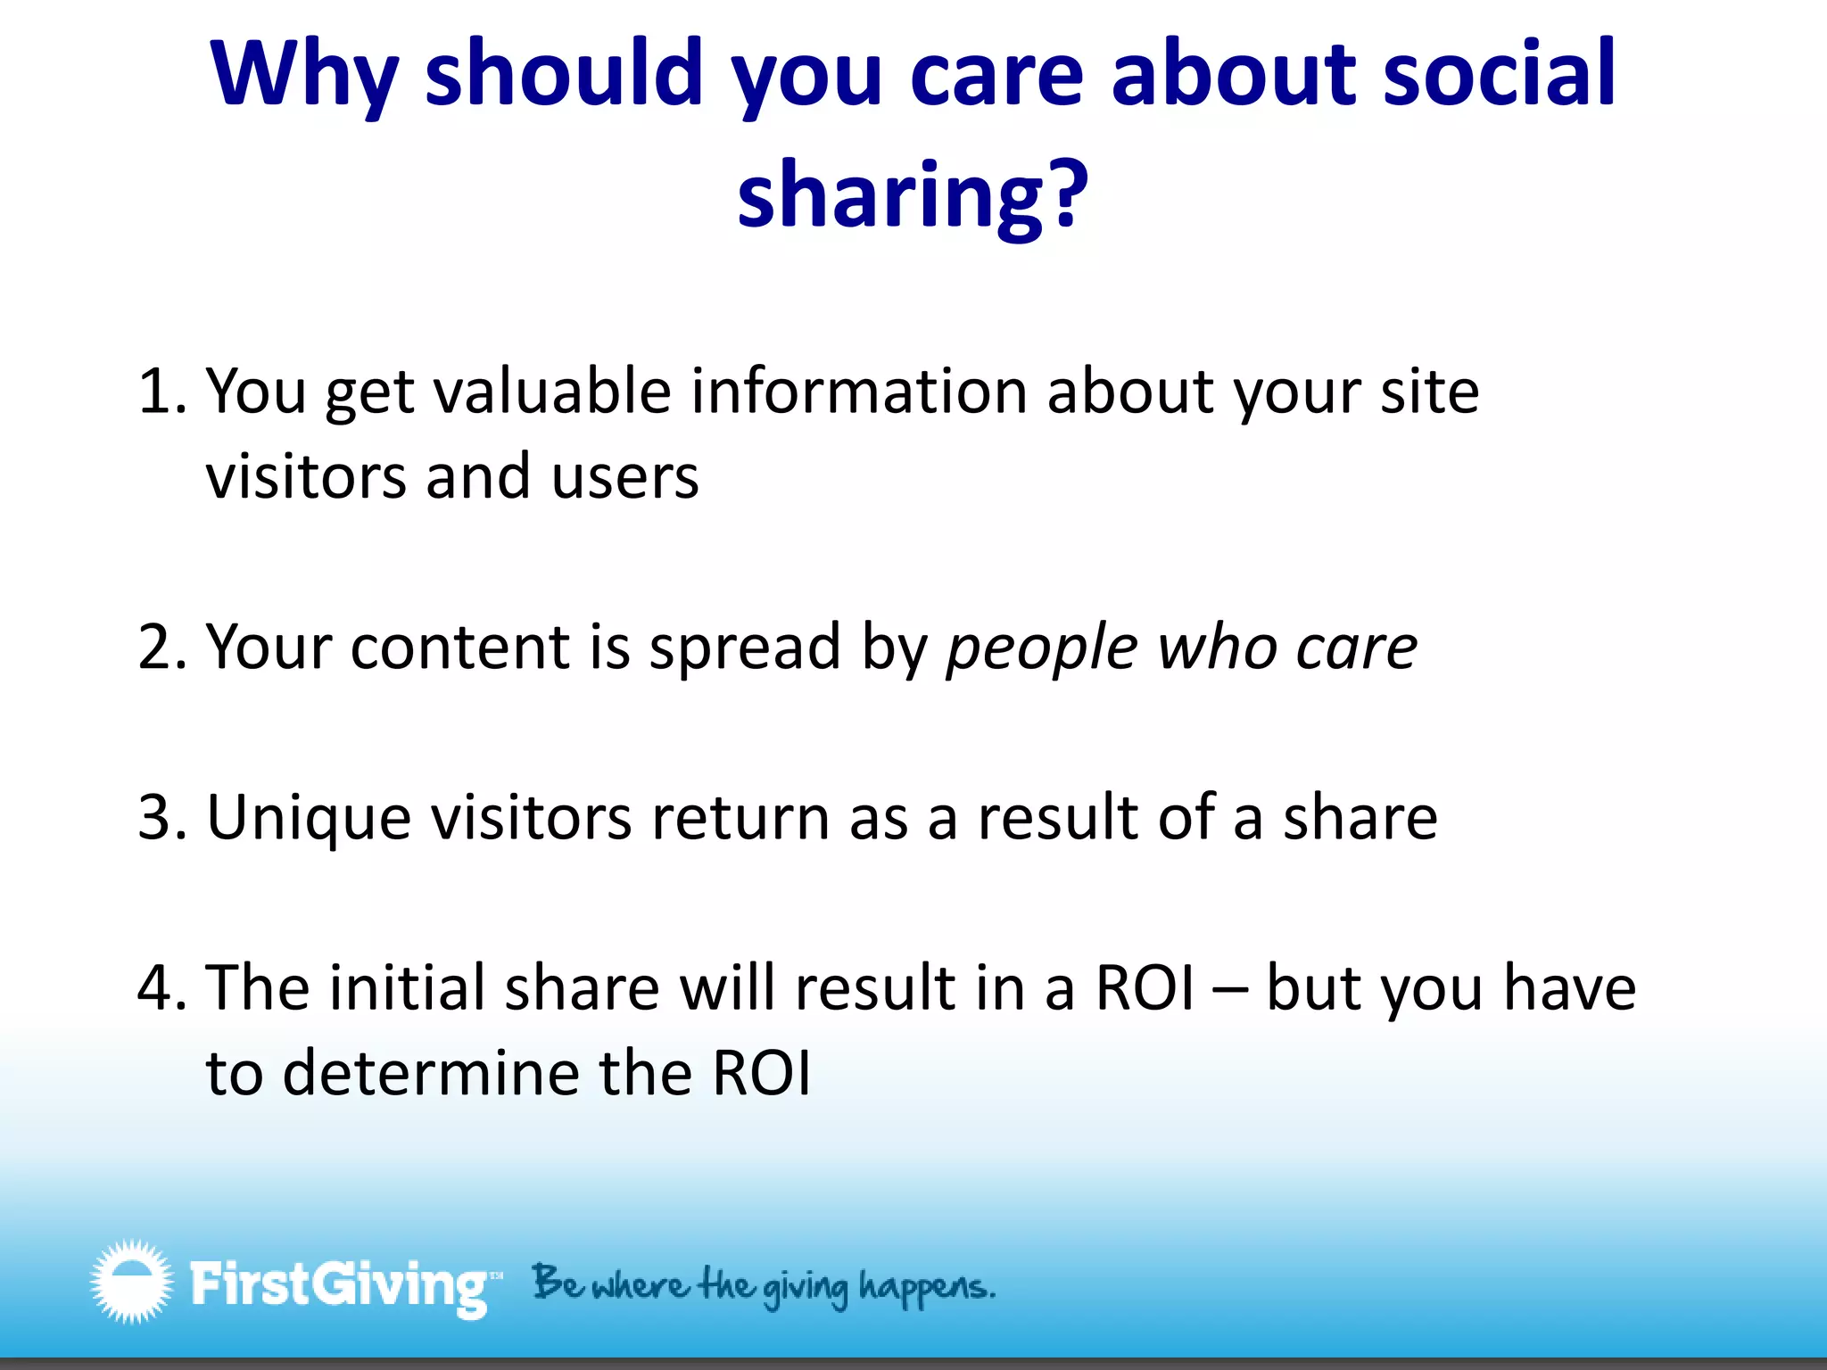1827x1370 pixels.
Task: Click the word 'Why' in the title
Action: tap(303, 76)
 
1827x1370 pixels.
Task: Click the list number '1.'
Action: tap(162, 392)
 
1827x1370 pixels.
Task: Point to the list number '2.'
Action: tap(162, 648)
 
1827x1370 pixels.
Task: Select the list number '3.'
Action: tap(162, 818)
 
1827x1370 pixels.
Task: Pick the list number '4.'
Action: tap(162, 988)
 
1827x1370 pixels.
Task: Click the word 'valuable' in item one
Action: tap(552, 392)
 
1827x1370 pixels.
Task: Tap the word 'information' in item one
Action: tap(859, 392)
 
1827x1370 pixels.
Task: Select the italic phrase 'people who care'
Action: tap(1181, 649)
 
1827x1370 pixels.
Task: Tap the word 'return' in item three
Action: tap(740, 819)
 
